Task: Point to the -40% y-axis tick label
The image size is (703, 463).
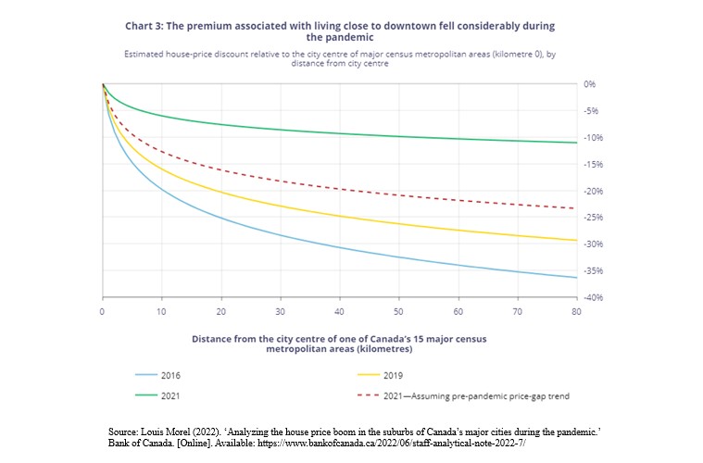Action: point(593,297)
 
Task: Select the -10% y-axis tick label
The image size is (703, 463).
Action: point(593,138)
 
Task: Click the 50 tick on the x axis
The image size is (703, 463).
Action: point(398,312)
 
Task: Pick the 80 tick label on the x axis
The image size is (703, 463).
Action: point(576,312)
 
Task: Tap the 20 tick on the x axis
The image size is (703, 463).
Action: point(220,312)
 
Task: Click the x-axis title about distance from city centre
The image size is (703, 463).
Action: point(339,344)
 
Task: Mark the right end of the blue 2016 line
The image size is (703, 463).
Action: point(576,278)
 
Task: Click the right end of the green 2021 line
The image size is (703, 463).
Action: point(576,143)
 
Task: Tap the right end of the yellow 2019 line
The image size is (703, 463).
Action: point(576,241)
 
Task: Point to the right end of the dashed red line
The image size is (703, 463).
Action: point(574,208)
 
